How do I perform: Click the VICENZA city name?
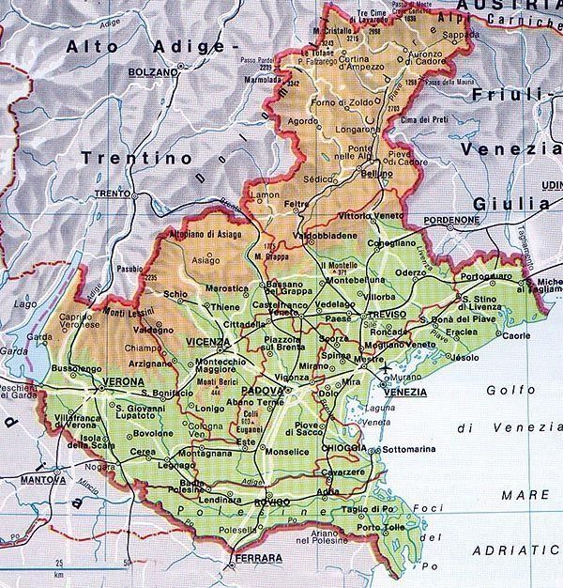click(x=208, y=342)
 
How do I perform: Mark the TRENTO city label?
click(x=111, y=193)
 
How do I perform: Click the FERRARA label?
click(x=258, y=559)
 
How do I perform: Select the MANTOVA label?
click(x=43, y=480)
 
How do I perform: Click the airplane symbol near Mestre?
click(x=385, y=379)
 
